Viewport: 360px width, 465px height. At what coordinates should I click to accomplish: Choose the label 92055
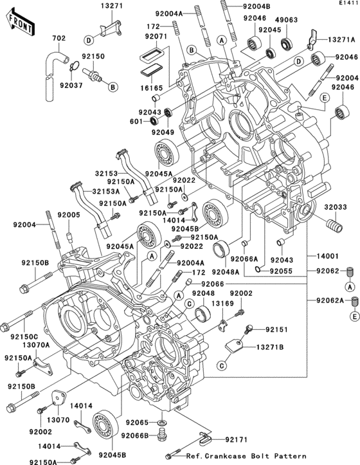[x=280, y=271]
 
